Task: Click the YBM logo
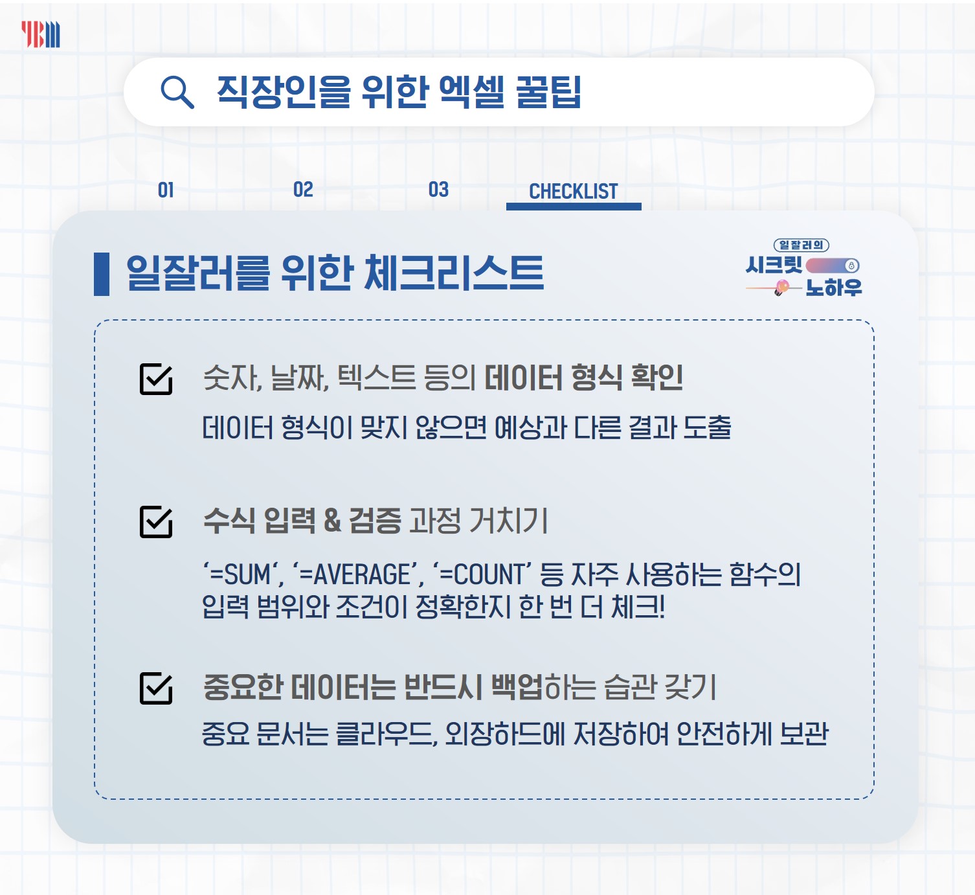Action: tap(41, 34)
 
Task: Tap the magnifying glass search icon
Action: tap(177, 92)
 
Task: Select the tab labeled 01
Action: tap(166, 190)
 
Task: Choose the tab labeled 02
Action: tap(303, 190)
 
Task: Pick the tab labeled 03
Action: tap(438, 190)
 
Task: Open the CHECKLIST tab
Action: tap(574, 192)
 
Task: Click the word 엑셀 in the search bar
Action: tap(471, 91)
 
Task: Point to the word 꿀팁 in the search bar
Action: tap(548, 91)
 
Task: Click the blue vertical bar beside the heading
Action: tap(102, 274)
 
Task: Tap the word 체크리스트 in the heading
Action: tap(454, 273)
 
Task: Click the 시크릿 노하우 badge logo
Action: tap(803, 268)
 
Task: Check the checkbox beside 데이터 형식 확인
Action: tap(156, 379)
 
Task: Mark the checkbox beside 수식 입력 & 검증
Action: tap(156, 521)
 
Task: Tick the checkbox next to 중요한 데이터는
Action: tap(156, 688)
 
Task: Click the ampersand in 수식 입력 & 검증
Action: tap(332, 521)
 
